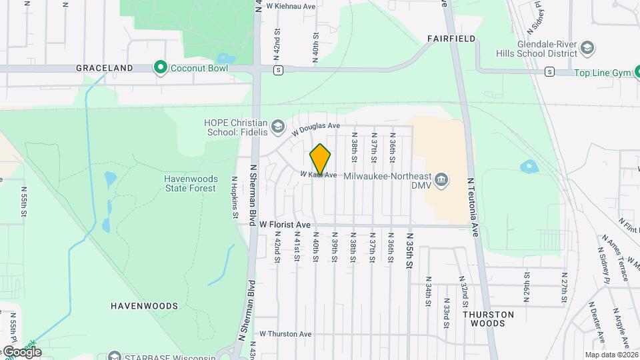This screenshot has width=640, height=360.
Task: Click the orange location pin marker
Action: [320, 159]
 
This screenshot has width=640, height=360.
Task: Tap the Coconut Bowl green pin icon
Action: [160, 67]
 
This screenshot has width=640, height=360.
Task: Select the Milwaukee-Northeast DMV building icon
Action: [441, 179]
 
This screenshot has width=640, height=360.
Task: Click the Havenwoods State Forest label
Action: [190, 183]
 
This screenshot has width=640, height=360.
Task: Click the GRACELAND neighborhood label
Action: [104, 68]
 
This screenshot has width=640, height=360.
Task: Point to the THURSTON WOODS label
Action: [489, 318]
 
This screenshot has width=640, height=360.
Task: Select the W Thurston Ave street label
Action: [286, 333]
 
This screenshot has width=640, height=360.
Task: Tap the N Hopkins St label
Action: [235, 197]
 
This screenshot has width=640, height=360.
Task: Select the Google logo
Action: [22, 351]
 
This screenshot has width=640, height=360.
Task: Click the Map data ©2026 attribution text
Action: [610, 355]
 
